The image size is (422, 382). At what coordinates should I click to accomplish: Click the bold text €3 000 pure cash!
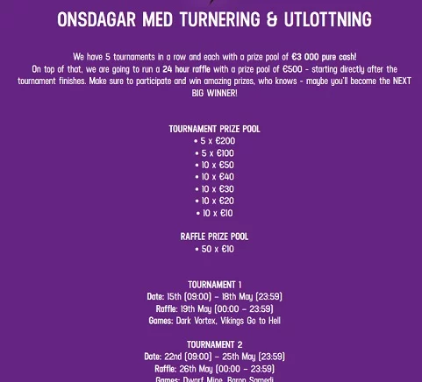tap(324, 56)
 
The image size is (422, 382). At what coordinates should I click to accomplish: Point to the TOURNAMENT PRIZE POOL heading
tap(214, 129)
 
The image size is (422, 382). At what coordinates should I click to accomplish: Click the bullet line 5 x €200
tap(215, 141)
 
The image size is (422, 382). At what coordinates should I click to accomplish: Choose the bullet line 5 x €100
tap(215, 152)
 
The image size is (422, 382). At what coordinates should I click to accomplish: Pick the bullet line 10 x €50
tap(215, 165)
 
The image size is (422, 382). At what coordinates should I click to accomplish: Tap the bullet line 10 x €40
tap(215, 177)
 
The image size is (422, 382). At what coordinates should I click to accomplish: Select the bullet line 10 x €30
tap(215, 189)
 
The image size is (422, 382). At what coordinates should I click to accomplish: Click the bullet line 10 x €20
tap(215, 201)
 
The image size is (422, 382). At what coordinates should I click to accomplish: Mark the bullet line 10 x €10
tap(215, 213)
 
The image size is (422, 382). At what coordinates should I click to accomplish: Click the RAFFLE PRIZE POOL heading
tap(214, 237)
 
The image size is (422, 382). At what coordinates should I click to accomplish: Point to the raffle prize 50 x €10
tap(215, 249)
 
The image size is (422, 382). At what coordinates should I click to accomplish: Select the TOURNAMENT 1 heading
tap(214, 285)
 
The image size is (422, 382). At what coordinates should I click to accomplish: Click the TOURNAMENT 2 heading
tap(214, 344)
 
